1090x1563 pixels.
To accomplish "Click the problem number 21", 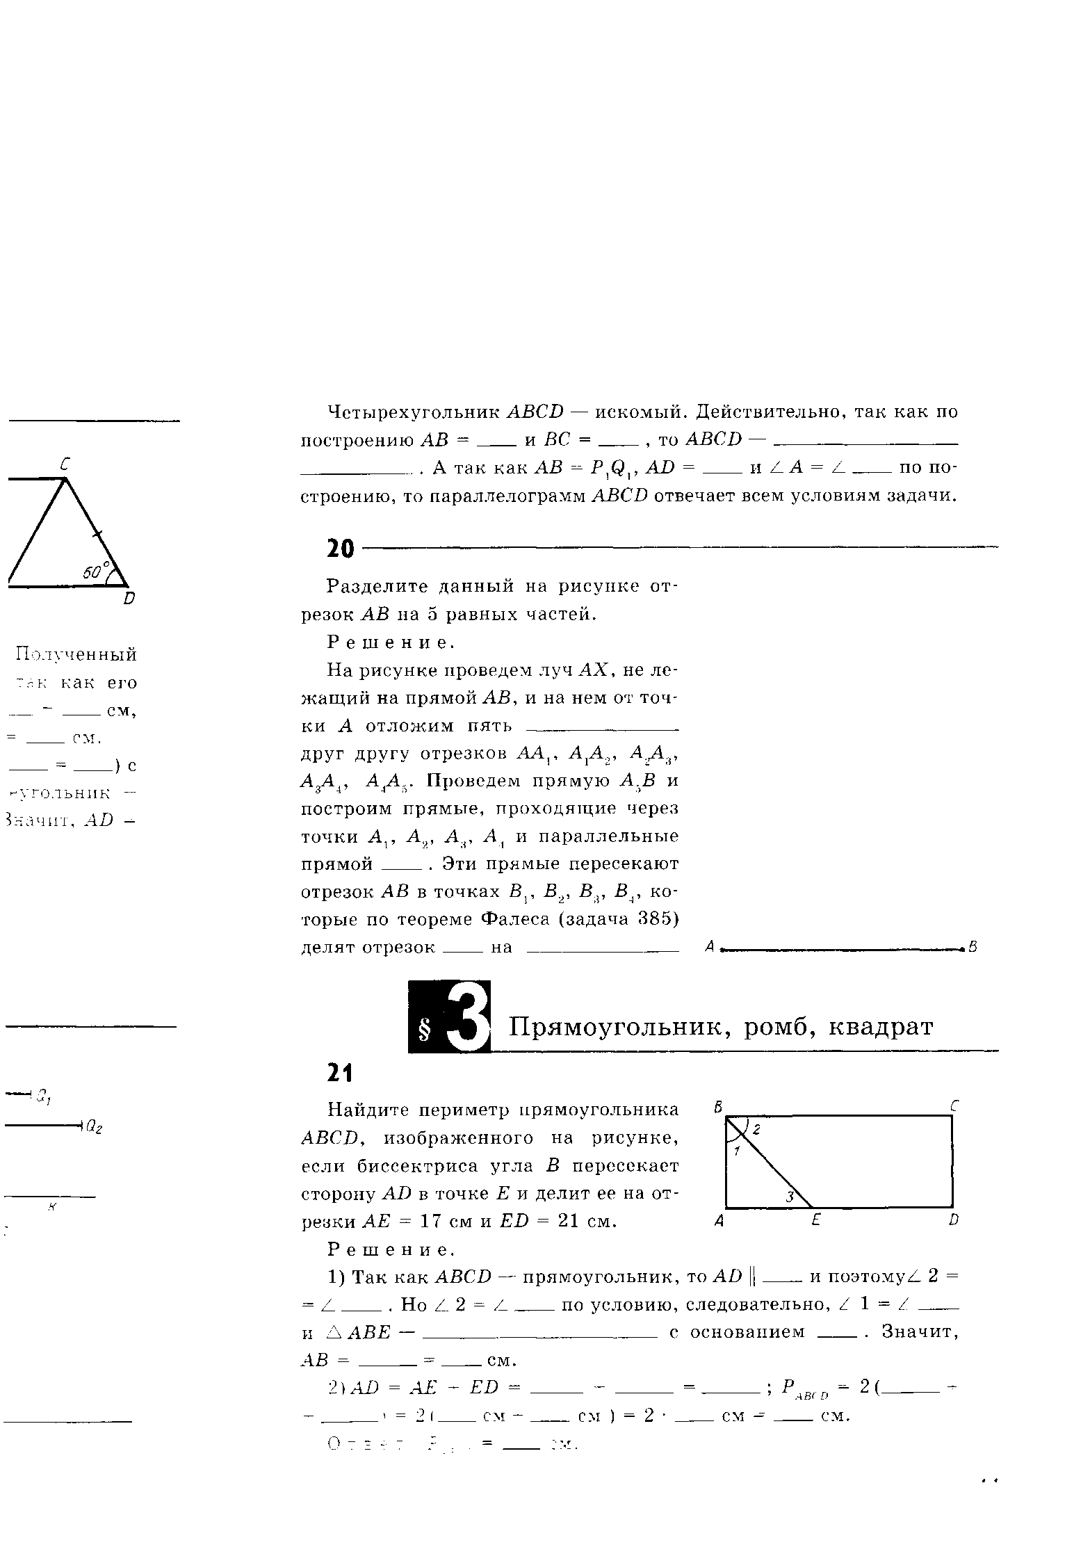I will point(340,1074).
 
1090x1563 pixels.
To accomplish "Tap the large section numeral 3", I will point(467,1017).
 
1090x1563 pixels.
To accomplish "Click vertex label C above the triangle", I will point(65,464).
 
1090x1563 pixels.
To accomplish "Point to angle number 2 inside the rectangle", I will point(757,1131).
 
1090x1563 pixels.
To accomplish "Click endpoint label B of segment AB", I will point(973,946).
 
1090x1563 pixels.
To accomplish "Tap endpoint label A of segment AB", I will point(710,946).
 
